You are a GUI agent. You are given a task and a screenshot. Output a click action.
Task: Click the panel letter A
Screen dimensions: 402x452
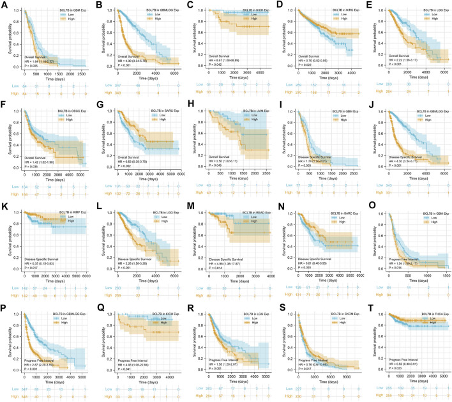click(x=4, y=5)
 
